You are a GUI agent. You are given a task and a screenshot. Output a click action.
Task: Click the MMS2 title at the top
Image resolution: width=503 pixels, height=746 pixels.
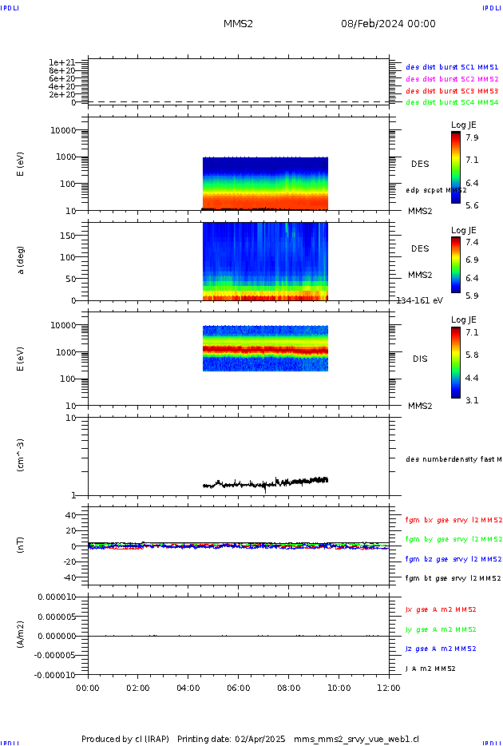(x=238, y=24)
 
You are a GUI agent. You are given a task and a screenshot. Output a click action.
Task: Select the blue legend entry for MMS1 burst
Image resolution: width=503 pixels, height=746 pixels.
(x=452, y=68)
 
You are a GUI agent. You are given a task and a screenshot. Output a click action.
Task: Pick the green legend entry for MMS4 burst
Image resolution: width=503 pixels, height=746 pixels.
(x=452, y=102)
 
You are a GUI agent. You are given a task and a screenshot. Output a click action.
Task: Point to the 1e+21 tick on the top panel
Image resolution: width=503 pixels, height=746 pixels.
(x=61, y=62)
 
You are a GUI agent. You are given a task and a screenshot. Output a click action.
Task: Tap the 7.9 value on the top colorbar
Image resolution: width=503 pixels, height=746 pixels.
(x=472, y=137)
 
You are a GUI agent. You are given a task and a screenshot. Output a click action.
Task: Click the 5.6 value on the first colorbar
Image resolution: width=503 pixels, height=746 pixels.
(x=472, y=205)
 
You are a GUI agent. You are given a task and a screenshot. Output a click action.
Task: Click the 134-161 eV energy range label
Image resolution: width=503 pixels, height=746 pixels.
(x=420, y=300)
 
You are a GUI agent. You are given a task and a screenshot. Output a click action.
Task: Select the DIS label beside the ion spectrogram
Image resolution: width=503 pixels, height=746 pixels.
(x=420, y=359)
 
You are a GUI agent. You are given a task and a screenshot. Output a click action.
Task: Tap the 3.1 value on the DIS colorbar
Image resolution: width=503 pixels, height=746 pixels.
(x=472, y=400)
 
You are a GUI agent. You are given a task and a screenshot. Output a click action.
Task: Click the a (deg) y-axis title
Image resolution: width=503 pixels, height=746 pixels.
(x=22, y=260)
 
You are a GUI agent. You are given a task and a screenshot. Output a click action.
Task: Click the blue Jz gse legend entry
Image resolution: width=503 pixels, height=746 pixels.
(x=442, y=649)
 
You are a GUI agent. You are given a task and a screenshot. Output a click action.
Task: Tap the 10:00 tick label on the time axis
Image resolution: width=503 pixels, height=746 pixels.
(x=339, y=687)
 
